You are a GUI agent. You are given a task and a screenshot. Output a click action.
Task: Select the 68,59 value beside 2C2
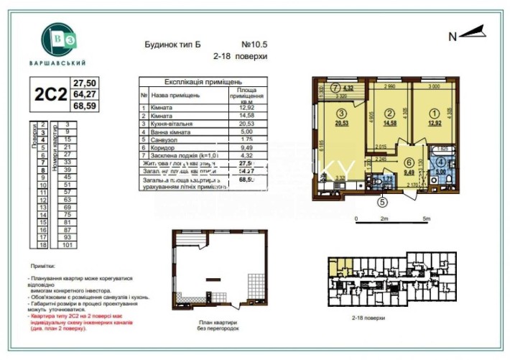point(87,105)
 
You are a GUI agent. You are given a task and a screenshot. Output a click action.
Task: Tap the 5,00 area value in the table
point(246,132)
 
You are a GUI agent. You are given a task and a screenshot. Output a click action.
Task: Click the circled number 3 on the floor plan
point(343,114)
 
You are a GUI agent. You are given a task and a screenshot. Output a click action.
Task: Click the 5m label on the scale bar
point(426,218)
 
